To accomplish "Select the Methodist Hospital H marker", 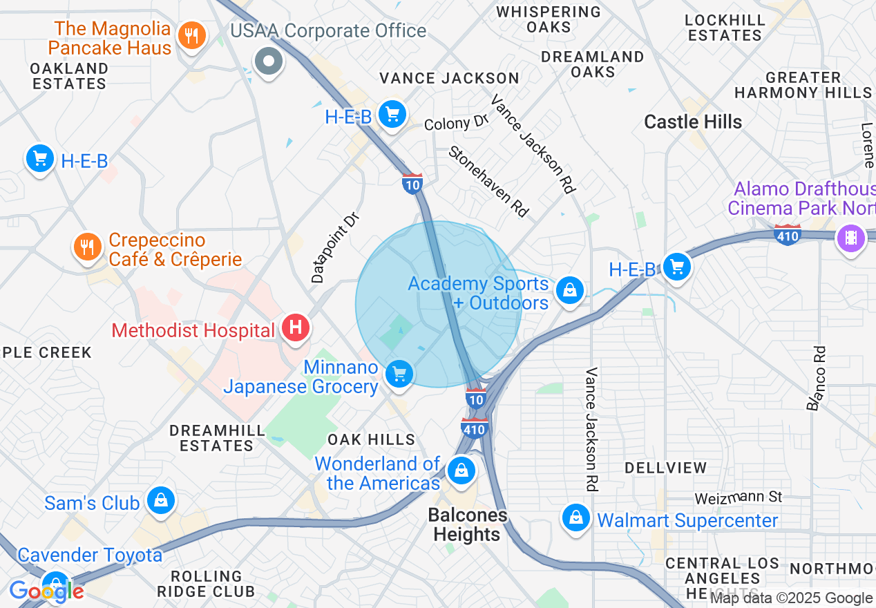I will [x=296, y=327].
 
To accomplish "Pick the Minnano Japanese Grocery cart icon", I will [x=399, y=375].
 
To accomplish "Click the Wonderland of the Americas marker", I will [x=461, y=472].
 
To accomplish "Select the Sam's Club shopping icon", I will [x=161, y=502].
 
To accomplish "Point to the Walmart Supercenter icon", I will [x=575, y=517].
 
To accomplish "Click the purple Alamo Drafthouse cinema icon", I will [x=850, y=239].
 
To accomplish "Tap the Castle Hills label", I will [x=693, y=122].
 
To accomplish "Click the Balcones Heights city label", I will [x=467, y=525].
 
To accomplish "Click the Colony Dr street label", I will [x=457, y=124].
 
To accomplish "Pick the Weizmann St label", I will [x=738, y=497].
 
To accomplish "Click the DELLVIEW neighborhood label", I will [x=666, y=468].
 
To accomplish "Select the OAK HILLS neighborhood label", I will [x=372, y=439].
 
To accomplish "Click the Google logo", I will [x=46, y=591].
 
